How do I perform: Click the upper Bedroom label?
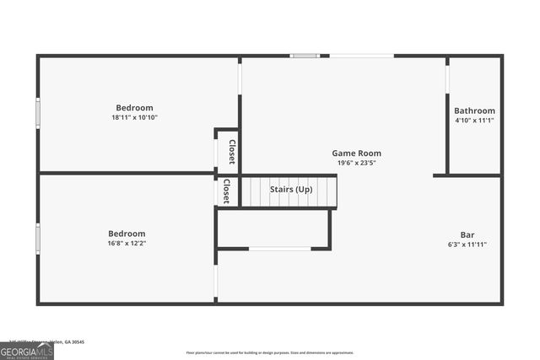coord(134,108)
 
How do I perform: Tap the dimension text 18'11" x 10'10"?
coord(134,118)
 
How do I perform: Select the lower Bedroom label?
coord(127,234)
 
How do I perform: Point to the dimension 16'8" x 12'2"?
coord(127,244)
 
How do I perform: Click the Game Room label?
coord(356,153)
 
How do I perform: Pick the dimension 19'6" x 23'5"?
coord(356,163)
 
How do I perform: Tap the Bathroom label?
coord(474,111)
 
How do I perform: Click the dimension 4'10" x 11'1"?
coord(474,121)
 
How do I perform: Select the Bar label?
coord(467,234)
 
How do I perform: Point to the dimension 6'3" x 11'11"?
coord(467,244)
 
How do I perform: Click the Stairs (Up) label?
coord(291,190)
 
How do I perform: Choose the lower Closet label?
coord(225,191)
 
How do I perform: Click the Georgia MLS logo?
coord(26,351)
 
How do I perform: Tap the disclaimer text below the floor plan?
coord(270,352)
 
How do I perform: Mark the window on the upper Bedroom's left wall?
coord(38,113)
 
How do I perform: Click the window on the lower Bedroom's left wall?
coord(38,238)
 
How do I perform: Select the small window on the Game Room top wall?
coord(304,56)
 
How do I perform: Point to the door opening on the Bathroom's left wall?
coord(447,76)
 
